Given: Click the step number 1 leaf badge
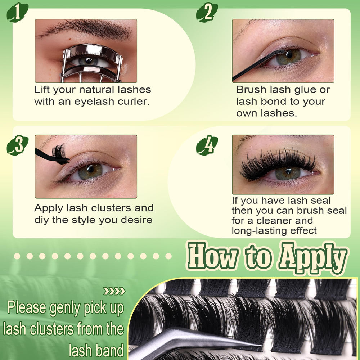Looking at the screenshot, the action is click(17, 12).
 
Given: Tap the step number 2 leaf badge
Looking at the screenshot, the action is click(207, 12).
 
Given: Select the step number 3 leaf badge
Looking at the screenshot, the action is click(17, 145).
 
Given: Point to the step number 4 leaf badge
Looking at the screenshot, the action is click(207, 145).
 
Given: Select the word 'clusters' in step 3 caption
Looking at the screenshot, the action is click(111, 208).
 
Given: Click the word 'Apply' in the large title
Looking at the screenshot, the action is click(313, 258).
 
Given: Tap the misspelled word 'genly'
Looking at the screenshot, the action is click(65, 309).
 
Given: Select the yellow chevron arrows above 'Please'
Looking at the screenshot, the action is click(114, 291).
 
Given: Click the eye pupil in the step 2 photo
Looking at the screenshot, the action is click(289, 55).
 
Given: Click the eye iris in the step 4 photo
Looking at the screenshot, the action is click(288, 173).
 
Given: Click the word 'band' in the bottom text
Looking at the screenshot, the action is click(109, 351).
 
